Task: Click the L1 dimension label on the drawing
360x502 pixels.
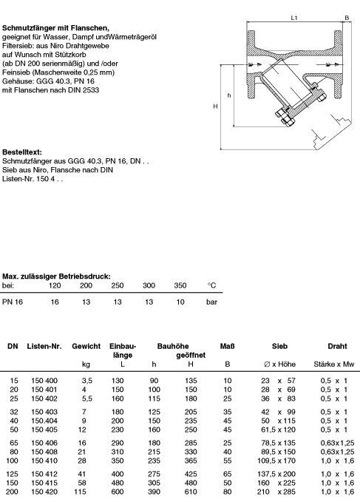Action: (294, 18)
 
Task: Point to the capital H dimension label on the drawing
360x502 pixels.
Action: (215, 106)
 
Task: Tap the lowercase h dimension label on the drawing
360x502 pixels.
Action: (229, 95)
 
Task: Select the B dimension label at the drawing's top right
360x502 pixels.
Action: (347, 18)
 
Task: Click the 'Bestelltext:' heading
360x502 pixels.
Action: (22, 152)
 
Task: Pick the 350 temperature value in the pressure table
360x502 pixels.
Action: (180, 285)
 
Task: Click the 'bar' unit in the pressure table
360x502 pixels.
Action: (211, 302)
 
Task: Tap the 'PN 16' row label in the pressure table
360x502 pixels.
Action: (13, 302)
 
